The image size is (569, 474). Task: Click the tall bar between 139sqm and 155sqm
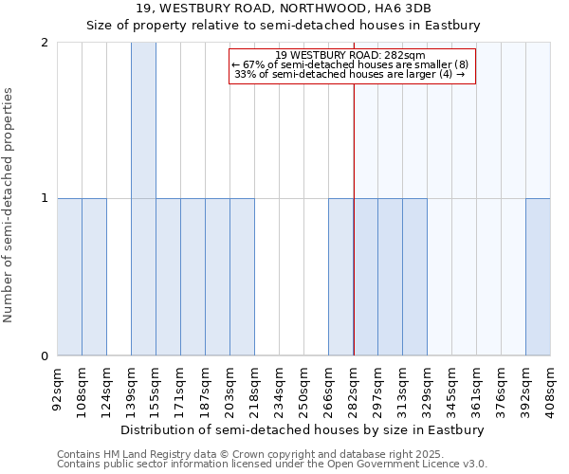click(x=143, y=199)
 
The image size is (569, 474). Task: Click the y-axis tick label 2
click(x=45, y=43)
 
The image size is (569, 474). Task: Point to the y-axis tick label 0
click(x=45, y=356)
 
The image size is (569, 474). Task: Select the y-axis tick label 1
click(x=45, y=199)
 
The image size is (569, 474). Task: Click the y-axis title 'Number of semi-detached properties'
click(x=9, y=204)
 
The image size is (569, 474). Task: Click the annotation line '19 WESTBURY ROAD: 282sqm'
click(x=351, y=55)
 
